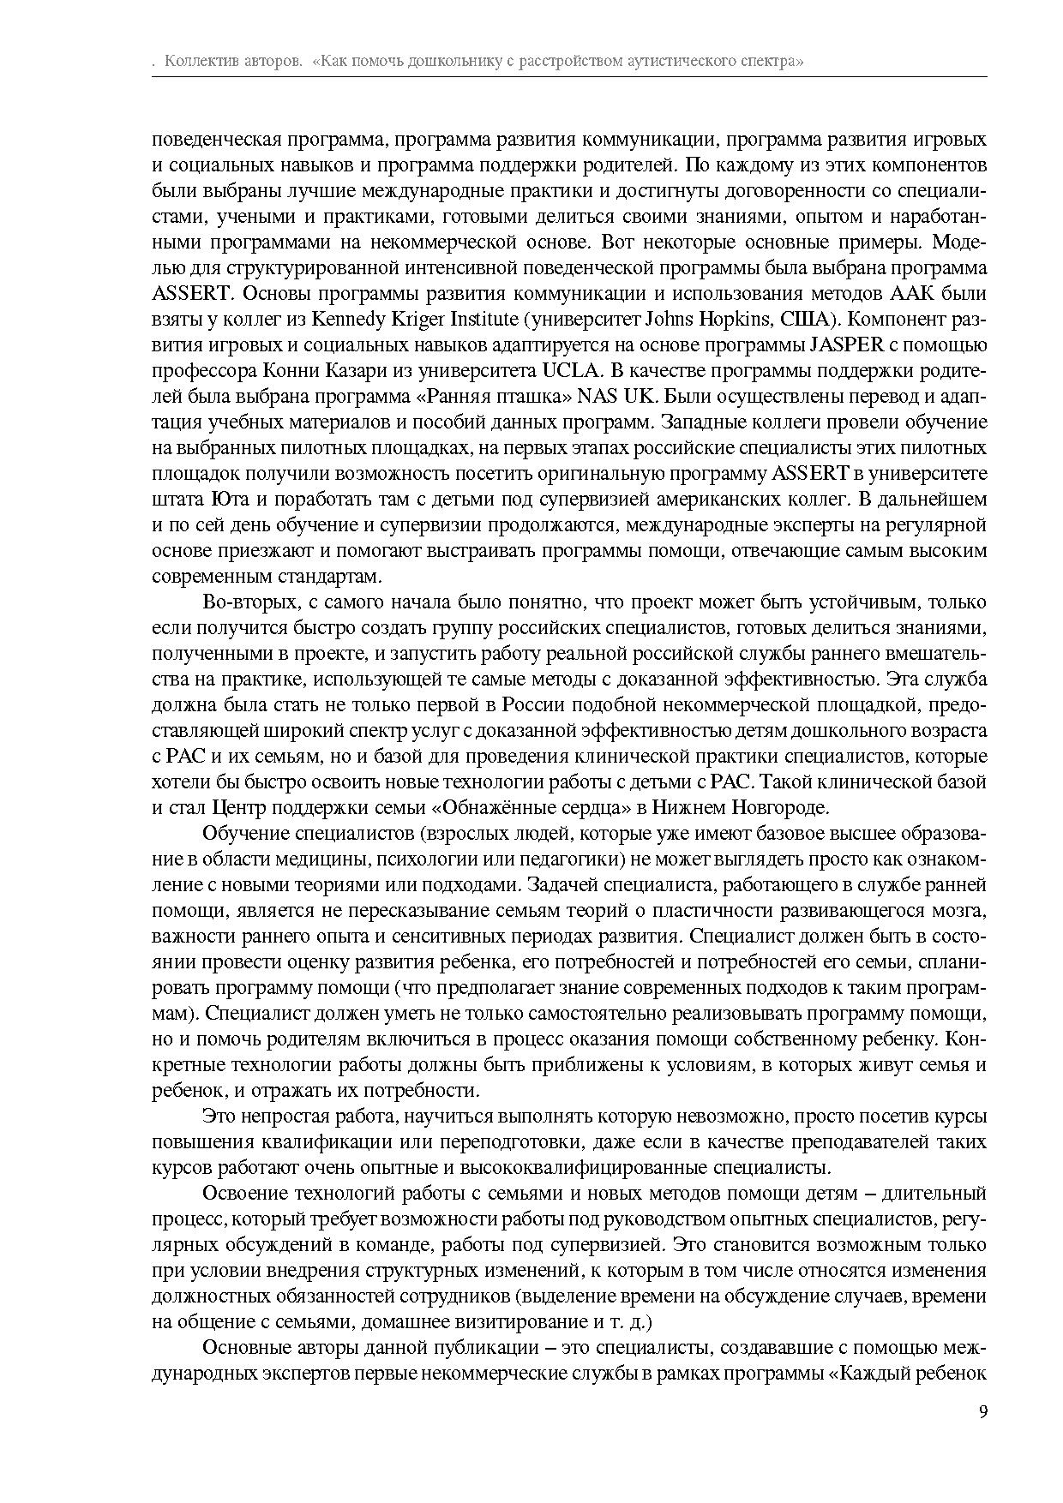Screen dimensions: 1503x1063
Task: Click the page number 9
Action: pos(982,1412)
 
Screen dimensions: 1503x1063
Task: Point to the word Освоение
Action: pos(244,1193)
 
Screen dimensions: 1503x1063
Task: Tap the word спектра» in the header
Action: pos(773,62)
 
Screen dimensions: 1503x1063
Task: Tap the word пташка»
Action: pos(543,397)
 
